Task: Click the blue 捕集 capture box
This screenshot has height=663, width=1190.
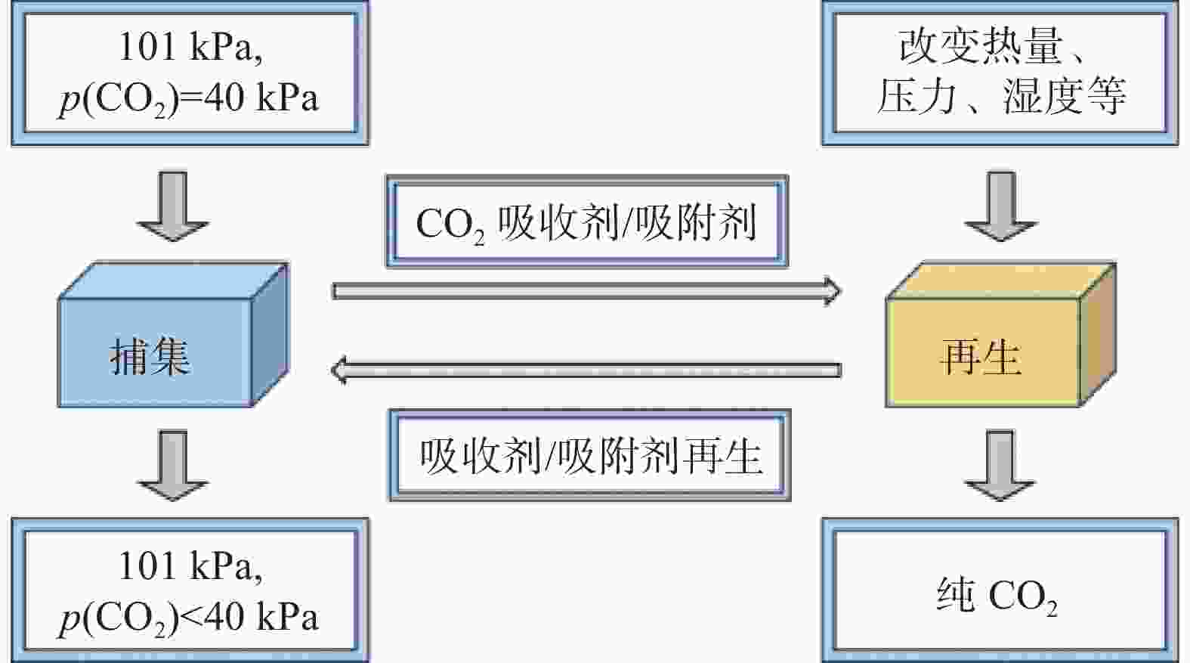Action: coord(173,335)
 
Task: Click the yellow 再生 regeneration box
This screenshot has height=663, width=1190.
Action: coord(1001,335)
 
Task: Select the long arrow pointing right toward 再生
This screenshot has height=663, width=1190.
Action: coord(586,291)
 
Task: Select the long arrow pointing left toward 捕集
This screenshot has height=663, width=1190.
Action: coord(586,370)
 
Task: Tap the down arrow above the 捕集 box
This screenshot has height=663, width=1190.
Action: coord(173,206)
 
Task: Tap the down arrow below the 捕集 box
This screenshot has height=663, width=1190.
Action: coord(173,466)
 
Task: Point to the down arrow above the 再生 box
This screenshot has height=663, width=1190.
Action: coord(1001,206)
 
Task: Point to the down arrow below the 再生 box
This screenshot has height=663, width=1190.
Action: coord(1000,466)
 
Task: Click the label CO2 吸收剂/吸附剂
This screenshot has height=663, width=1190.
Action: coord(586,223)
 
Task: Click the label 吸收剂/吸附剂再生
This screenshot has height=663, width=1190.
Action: coord(591,456)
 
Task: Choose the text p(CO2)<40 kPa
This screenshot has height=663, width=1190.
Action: coord(189,618)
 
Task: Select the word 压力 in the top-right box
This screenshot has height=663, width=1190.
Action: coord(916,96)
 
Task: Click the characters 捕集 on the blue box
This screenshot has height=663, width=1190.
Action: coord(150,357)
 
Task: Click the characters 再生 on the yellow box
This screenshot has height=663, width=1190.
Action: coord(981,357)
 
